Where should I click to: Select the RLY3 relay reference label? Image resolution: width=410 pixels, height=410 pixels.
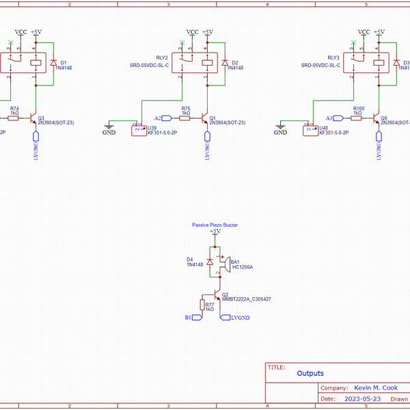pyautogui.click(x=333, y=57)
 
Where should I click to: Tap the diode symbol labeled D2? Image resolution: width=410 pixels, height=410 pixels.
pyautogui.click(x=224, y=63)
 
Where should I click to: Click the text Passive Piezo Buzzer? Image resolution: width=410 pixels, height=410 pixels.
pyautogui.click(x=215, y=224)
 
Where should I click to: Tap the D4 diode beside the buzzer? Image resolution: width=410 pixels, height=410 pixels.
pyautogui.click(x=210, y=262)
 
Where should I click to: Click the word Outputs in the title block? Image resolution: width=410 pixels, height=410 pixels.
pyautogui.click(x=310, y=373)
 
